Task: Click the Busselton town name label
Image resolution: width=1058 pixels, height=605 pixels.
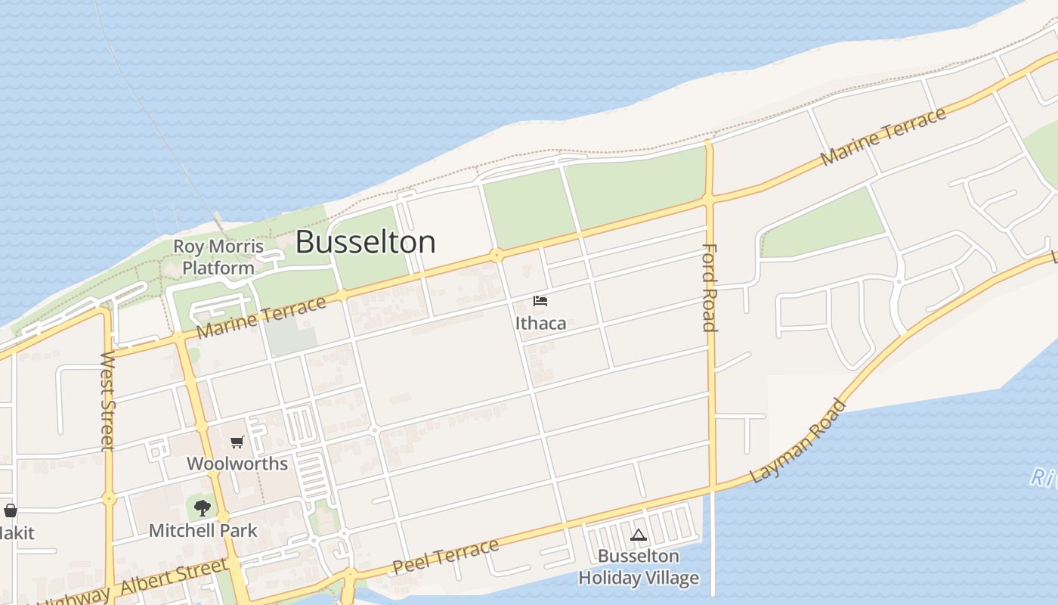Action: (365, 242)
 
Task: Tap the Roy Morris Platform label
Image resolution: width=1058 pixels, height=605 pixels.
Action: (218, 257)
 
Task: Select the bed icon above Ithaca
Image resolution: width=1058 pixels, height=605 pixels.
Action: (540, 301)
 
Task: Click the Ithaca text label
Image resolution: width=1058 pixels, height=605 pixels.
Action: (540, 323)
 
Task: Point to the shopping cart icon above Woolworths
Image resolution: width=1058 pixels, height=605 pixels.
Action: (237, 442)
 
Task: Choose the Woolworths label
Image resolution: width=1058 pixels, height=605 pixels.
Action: (237, 464)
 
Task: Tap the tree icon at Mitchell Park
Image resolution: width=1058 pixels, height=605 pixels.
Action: (203, 508)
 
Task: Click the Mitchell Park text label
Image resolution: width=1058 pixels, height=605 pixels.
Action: (203, 530)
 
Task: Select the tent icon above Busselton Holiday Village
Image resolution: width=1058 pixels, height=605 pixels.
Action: (639, 535)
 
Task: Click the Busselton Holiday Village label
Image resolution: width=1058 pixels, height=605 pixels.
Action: (639, 567)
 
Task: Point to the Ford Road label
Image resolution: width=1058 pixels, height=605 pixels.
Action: (710, 287)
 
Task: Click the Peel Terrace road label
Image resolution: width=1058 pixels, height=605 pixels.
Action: (446, 557)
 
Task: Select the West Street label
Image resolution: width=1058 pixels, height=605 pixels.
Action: (108, 401)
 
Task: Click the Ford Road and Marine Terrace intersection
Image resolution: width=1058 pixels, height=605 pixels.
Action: (709, 200)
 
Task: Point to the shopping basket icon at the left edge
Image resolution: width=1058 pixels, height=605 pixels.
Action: (11, 510)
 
